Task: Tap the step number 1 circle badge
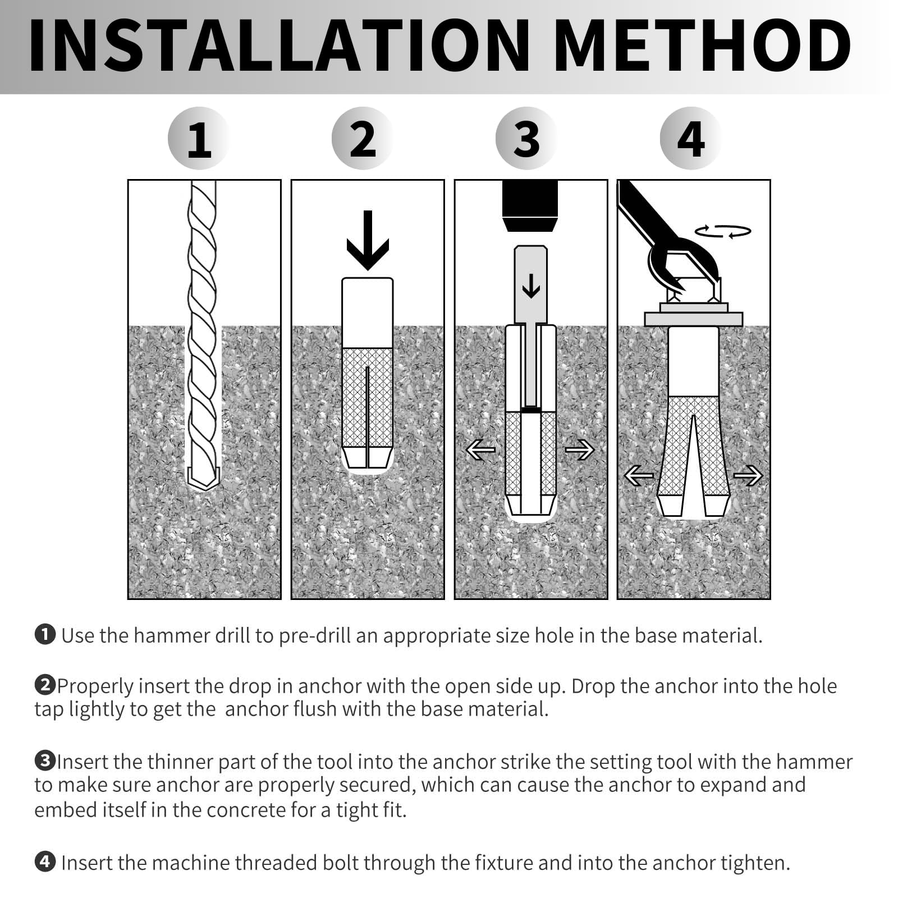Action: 199,139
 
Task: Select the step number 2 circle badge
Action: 363,139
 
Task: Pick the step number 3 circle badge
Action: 526,139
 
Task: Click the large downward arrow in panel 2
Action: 368,240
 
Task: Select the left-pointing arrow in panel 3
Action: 481,450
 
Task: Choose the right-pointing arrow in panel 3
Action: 579,450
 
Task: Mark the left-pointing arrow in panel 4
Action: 639,476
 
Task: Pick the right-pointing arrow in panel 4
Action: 748,476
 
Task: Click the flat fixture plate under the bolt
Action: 693,319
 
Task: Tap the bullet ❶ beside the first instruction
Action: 45,635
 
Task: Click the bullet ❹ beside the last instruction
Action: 45,862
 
